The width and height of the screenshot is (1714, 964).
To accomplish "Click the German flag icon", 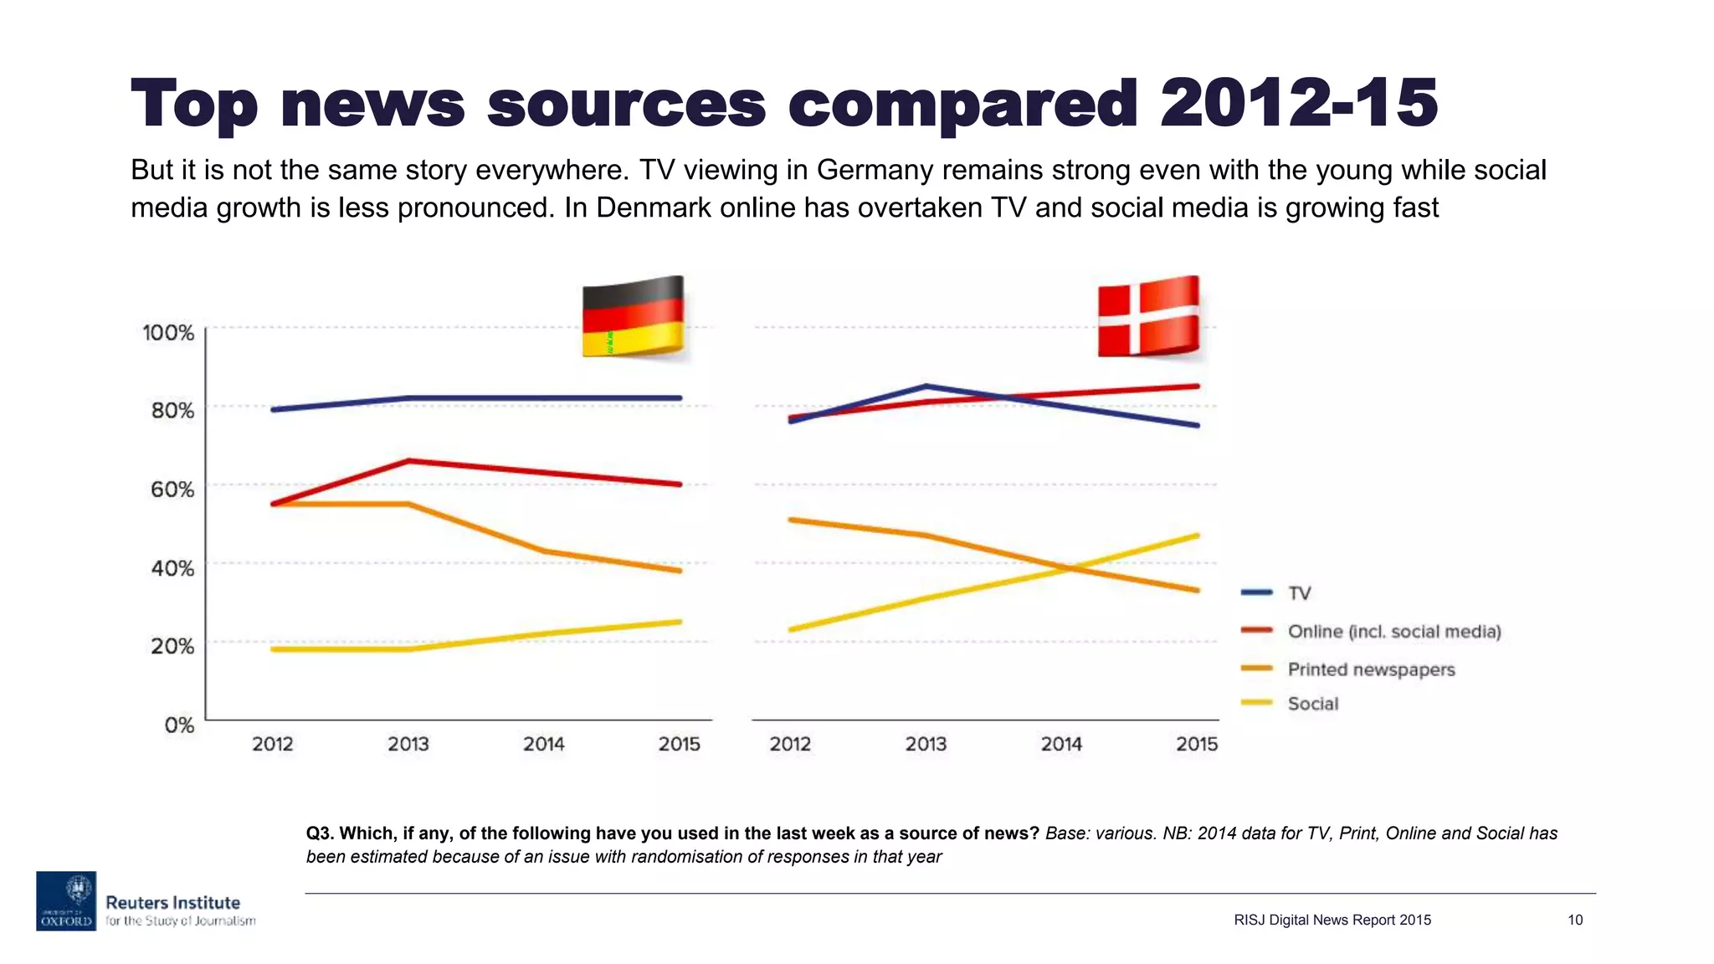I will [x=634, y=316].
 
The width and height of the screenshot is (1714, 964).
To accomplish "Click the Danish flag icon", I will [x=1148, y=316].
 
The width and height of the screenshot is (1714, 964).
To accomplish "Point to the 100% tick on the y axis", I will [x=168, y=333].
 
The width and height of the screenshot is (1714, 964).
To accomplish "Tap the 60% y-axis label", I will [x=172, y=490].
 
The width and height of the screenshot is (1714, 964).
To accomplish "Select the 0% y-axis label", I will [x=179, y=725].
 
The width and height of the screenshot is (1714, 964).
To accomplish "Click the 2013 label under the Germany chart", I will [x=408, y=744].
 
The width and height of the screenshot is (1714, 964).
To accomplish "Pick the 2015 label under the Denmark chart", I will [x=1197, y=744].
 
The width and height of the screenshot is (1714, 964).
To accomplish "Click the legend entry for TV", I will [x=1299, y=593].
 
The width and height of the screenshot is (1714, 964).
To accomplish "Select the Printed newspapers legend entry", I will [x=1371, y=669].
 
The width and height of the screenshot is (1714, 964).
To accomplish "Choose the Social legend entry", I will [x=1312, y=704].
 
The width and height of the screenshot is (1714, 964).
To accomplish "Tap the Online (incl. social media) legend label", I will [x=1394, y=632].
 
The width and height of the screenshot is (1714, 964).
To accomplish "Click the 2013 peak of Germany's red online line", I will [x=408, y=460].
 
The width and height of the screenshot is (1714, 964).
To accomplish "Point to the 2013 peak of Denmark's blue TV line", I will [x=926, y=386].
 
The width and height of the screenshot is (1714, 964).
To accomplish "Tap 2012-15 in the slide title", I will [x=1298, y=103].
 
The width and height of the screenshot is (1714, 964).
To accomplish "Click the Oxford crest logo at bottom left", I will [x=66, y=900].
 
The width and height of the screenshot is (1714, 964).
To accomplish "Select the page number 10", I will [x=1575, y=920].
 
